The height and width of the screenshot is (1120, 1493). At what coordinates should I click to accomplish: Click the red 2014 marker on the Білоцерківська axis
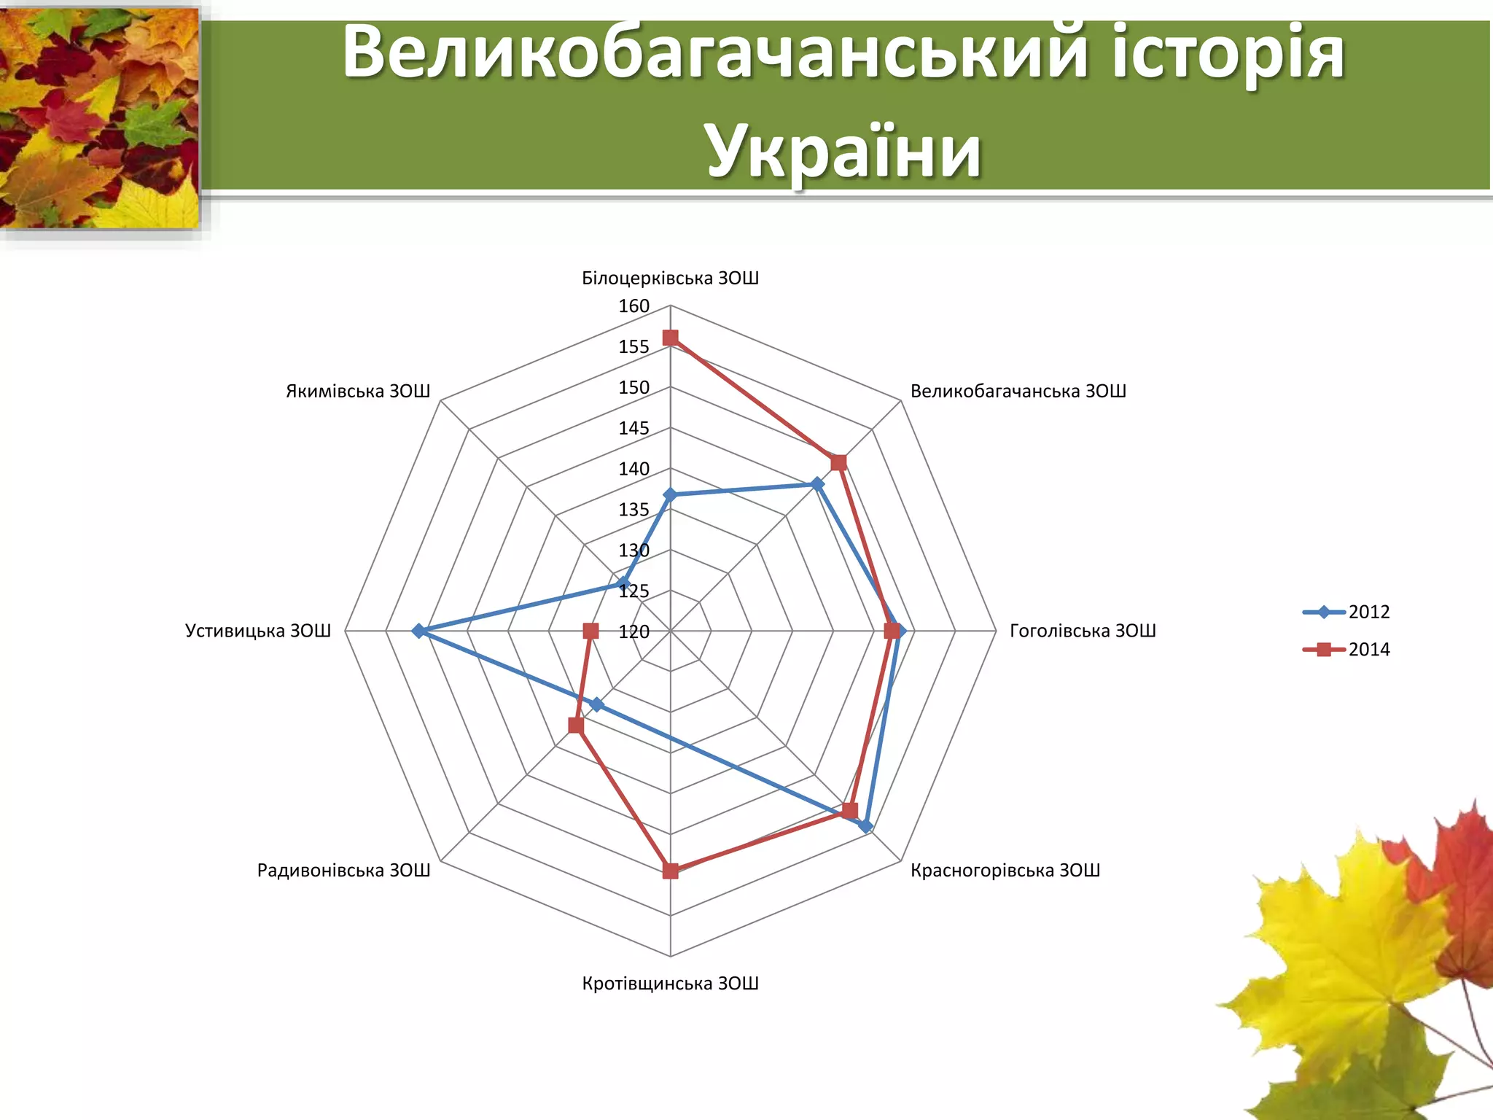coord(670,338)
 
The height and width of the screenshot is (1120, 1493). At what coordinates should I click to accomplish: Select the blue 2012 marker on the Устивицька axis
coord(418,631)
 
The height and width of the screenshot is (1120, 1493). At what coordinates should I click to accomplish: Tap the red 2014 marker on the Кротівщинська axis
coord(670,871)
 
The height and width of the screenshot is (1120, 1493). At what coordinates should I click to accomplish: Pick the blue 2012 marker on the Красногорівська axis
coord(865,825)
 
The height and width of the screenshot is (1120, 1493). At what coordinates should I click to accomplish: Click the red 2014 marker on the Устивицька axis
coord(590,631)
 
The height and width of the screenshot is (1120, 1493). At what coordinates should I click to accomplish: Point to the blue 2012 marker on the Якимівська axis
coord(623,583)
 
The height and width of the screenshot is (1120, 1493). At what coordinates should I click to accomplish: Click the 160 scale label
coord(634,306)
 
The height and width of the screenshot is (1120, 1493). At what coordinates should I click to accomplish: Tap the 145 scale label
coord(634,428)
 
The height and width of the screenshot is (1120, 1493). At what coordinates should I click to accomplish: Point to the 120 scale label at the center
coord(634,631)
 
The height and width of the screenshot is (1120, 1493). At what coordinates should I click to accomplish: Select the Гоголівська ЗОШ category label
coord(1083,631)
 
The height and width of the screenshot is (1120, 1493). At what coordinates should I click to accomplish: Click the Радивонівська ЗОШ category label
coord(343,870)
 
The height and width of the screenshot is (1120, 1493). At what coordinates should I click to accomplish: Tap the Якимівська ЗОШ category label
coord(358,391)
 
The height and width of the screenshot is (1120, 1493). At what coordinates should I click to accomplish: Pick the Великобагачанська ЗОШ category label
coord(1018,391)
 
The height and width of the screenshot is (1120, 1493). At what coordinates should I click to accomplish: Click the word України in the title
coord(843,151)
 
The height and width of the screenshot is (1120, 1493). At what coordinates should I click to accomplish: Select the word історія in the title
coord(1228,52)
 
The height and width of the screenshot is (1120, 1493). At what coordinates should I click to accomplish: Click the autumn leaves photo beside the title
coord(100,118)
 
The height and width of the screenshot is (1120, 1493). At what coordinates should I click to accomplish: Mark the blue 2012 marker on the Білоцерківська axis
coord(670,495)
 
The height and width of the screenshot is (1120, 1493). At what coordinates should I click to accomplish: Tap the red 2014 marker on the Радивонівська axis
coord(576,726)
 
